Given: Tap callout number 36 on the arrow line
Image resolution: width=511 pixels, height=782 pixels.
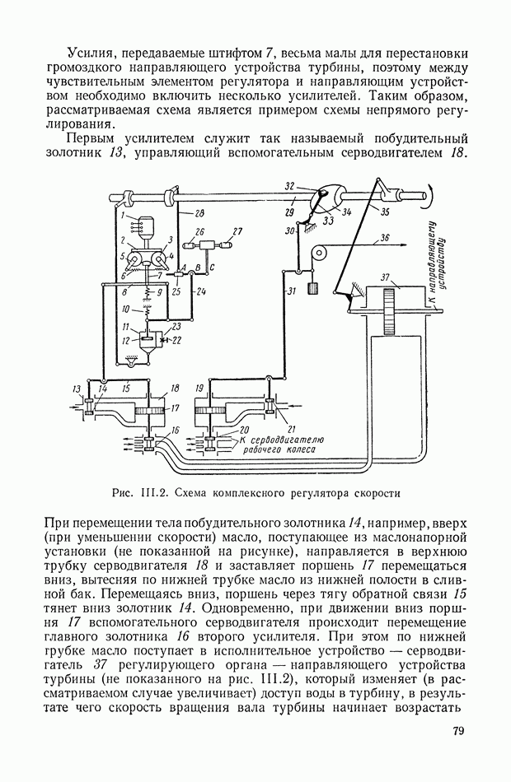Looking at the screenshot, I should [x=385, y=240].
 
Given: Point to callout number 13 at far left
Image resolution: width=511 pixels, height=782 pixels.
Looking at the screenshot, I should [x=77, y=389].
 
